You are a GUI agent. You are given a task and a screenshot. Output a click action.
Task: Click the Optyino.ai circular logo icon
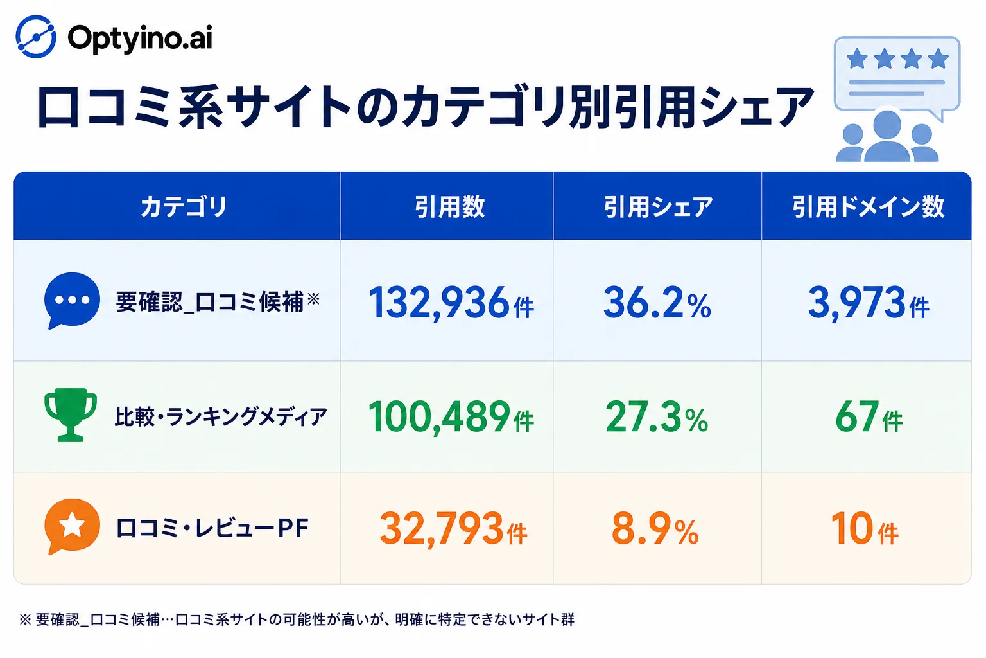[x=36, y=37]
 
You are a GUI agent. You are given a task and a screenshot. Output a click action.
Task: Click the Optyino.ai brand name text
[x=140, y=39]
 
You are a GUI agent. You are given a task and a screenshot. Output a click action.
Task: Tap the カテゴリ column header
[x=184, y=207]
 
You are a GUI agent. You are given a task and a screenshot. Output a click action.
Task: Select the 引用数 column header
[x=450, y=207]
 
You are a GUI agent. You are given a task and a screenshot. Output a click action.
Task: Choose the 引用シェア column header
[x=658, y=207]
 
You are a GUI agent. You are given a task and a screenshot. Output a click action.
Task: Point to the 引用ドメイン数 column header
[x=868, y=207]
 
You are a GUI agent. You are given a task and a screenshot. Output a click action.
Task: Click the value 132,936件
[x=451, y=303]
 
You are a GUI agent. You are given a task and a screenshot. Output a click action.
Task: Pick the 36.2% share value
[x=657, y=303]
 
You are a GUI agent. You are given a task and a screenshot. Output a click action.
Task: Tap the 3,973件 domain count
[x=869, y=303]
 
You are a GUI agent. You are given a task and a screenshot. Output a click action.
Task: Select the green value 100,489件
[x=451, y=417]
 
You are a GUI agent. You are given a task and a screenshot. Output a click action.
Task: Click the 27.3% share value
[x=657, y=417]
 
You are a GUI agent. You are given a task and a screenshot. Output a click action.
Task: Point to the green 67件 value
[x=869, y=417]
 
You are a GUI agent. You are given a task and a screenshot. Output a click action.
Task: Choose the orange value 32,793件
[x=453, y=529]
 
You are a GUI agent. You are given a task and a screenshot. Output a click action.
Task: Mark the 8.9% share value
[x=655, y=529]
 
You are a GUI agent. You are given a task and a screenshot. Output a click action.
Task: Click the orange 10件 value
[x=865, y=529]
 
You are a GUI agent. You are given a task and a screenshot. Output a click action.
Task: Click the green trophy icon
[x=71, y=414]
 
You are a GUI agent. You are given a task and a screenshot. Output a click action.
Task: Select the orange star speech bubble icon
[x=72, y=526]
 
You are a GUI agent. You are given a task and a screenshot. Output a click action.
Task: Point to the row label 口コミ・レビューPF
[x=212, y=528]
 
